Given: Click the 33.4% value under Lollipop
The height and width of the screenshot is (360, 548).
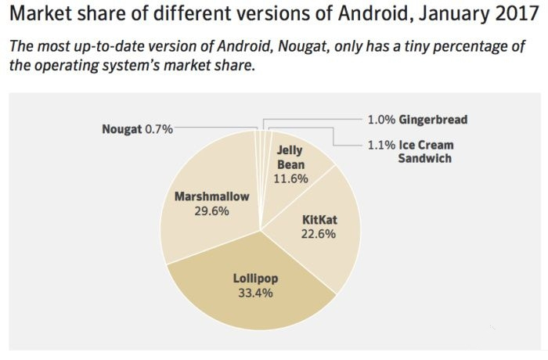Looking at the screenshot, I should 255,293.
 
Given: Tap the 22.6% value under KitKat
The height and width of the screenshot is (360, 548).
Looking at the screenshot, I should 318,233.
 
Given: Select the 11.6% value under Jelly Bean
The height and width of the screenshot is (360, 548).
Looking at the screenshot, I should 290,178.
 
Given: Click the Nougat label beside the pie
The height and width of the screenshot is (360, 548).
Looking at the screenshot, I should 122,128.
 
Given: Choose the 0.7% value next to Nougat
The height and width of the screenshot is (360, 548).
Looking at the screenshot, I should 158,128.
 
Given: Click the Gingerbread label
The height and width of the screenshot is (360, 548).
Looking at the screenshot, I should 433,120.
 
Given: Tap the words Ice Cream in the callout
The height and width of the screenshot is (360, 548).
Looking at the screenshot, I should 426,145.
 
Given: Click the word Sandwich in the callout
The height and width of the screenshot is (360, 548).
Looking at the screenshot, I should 425,158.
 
